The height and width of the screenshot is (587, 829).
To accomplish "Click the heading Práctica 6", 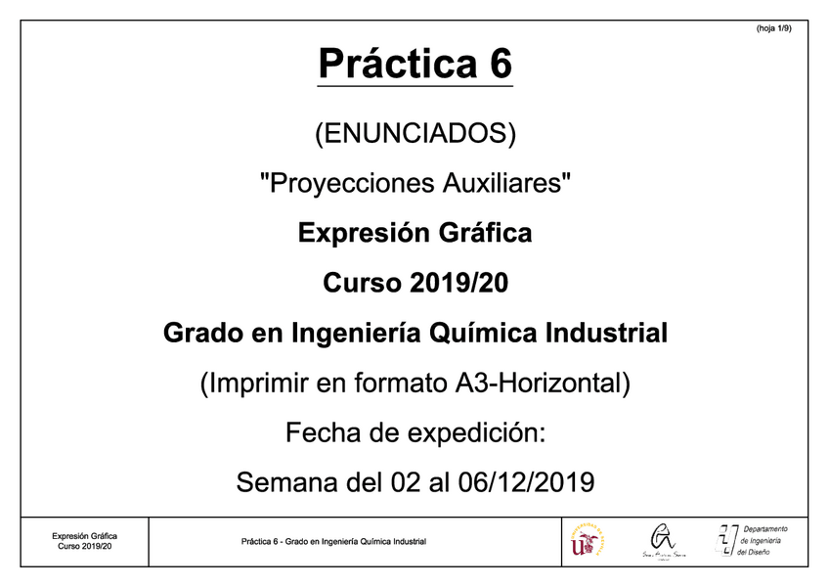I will (414, 65).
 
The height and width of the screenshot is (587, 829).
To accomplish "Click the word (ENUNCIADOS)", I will (414, 132).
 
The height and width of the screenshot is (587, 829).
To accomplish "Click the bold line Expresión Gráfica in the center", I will (414, 234).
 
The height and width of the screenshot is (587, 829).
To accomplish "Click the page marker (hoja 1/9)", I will (774, 29).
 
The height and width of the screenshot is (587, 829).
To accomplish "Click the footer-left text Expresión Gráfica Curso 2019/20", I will (84, 541).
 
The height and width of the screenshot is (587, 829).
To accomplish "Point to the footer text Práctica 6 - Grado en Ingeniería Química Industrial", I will (333, 542).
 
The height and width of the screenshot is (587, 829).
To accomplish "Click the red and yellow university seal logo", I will (587, 541).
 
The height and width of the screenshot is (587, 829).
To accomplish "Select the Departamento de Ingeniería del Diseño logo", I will (753, 540).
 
